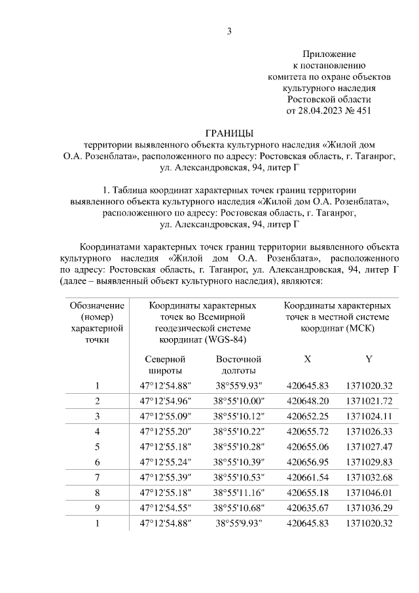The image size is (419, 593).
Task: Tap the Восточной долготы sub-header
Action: pos(238,365)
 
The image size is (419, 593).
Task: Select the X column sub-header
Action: pos(307,359)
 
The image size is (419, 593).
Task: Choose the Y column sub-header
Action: pos(369,359)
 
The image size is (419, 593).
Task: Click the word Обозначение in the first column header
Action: pos(96,306)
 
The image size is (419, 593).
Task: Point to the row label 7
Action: pos(97,475)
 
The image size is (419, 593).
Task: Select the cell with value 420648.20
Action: pos(307,400)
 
